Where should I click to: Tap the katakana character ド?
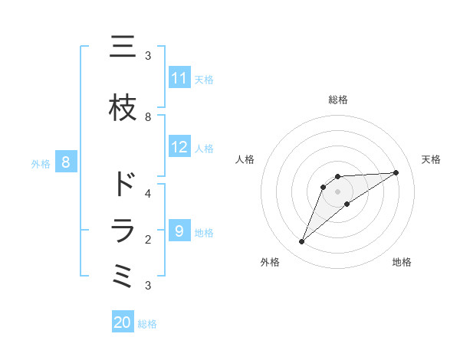click(123, 184)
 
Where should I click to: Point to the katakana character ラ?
click(123, 231)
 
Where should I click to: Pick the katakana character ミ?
click(123, 276)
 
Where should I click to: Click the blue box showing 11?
click(179, 78)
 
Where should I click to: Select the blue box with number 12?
click(179, 147)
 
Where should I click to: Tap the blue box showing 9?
click(179, 231)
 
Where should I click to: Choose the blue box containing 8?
click(66, 162)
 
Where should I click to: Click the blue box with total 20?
click(123, 322)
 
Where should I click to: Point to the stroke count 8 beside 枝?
click(148, 116)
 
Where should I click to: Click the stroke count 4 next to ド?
click(148, 193)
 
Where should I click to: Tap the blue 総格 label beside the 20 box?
click(147, 324)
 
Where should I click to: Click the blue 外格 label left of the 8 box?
click(41, 163)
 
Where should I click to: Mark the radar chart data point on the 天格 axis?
click(396, 172)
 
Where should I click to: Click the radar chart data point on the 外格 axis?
click(302, 242)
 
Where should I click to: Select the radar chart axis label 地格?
click(402, 262)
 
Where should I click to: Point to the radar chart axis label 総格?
click(338, 100)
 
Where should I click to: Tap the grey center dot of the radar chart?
click(338, 191)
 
